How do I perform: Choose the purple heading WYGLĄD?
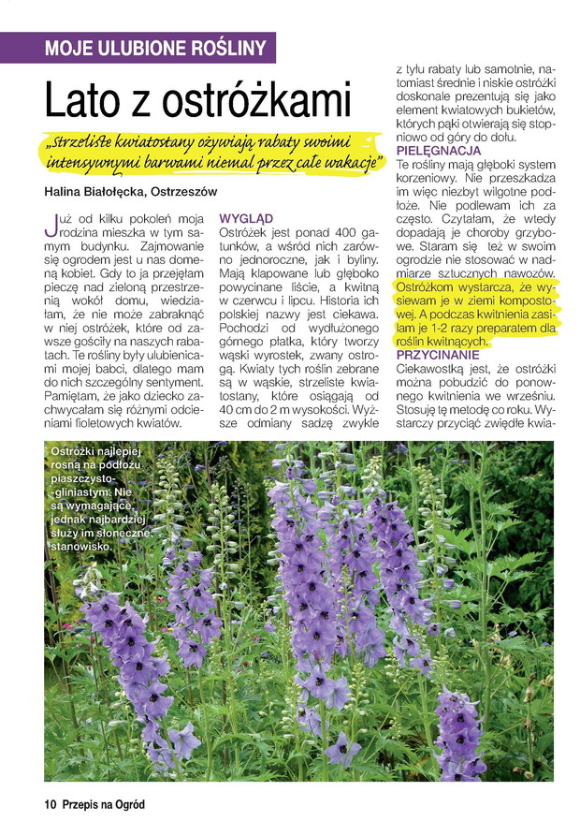click(245, 217)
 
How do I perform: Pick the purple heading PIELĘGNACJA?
click(439, 151)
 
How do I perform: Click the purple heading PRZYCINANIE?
click(438, 356)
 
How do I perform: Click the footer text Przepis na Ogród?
click(105, 803)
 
